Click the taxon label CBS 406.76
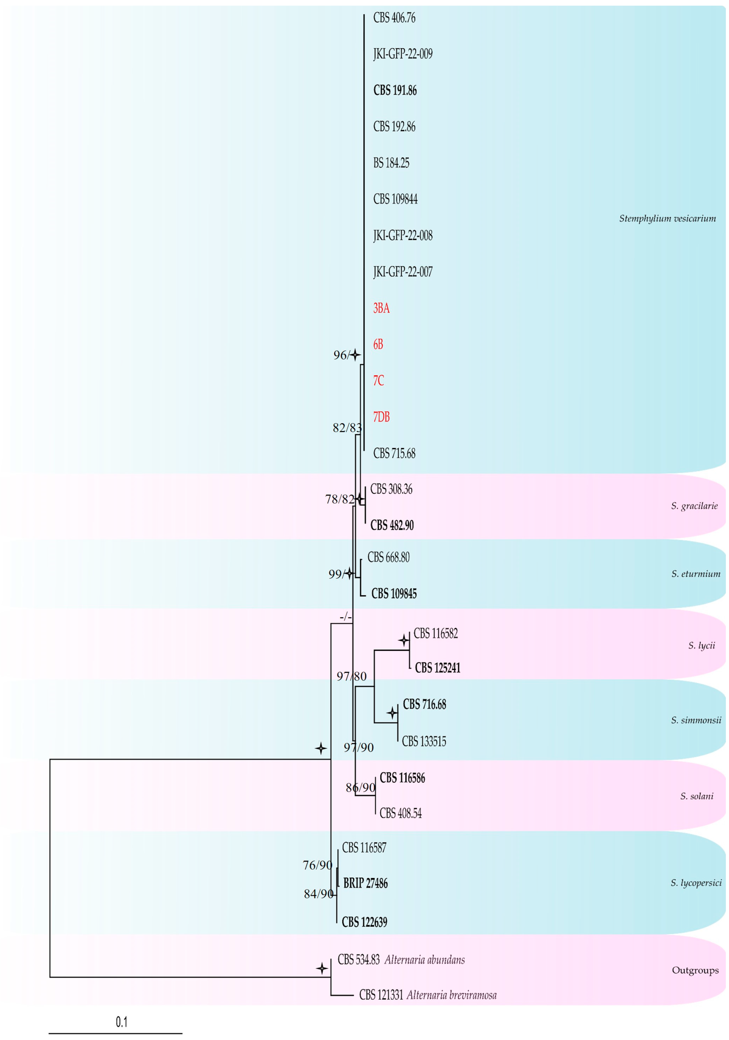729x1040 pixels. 394,18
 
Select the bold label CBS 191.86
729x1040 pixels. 395,91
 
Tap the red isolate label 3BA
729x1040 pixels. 381,309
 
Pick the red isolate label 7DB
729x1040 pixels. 381,417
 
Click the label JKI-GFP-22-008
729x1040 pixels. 402,236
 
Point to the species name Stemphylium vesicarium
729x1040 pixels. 667,219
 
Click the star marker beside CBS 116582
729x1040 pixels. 403,640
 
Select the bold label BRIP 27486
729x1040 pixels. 365,883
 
